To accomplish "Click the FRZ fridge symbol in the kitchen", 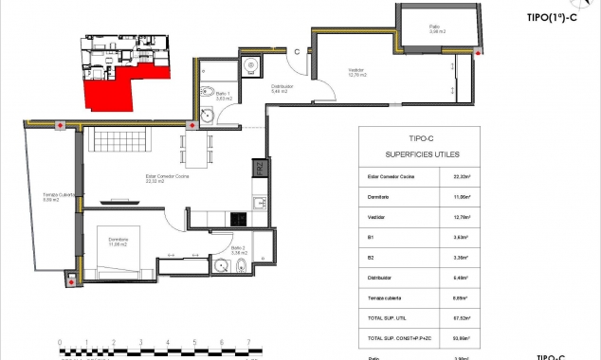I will click(259, 170).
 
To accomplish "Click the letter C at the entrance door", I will click(297, 51).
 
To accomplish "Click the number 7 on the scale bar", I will click(248, 343).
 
